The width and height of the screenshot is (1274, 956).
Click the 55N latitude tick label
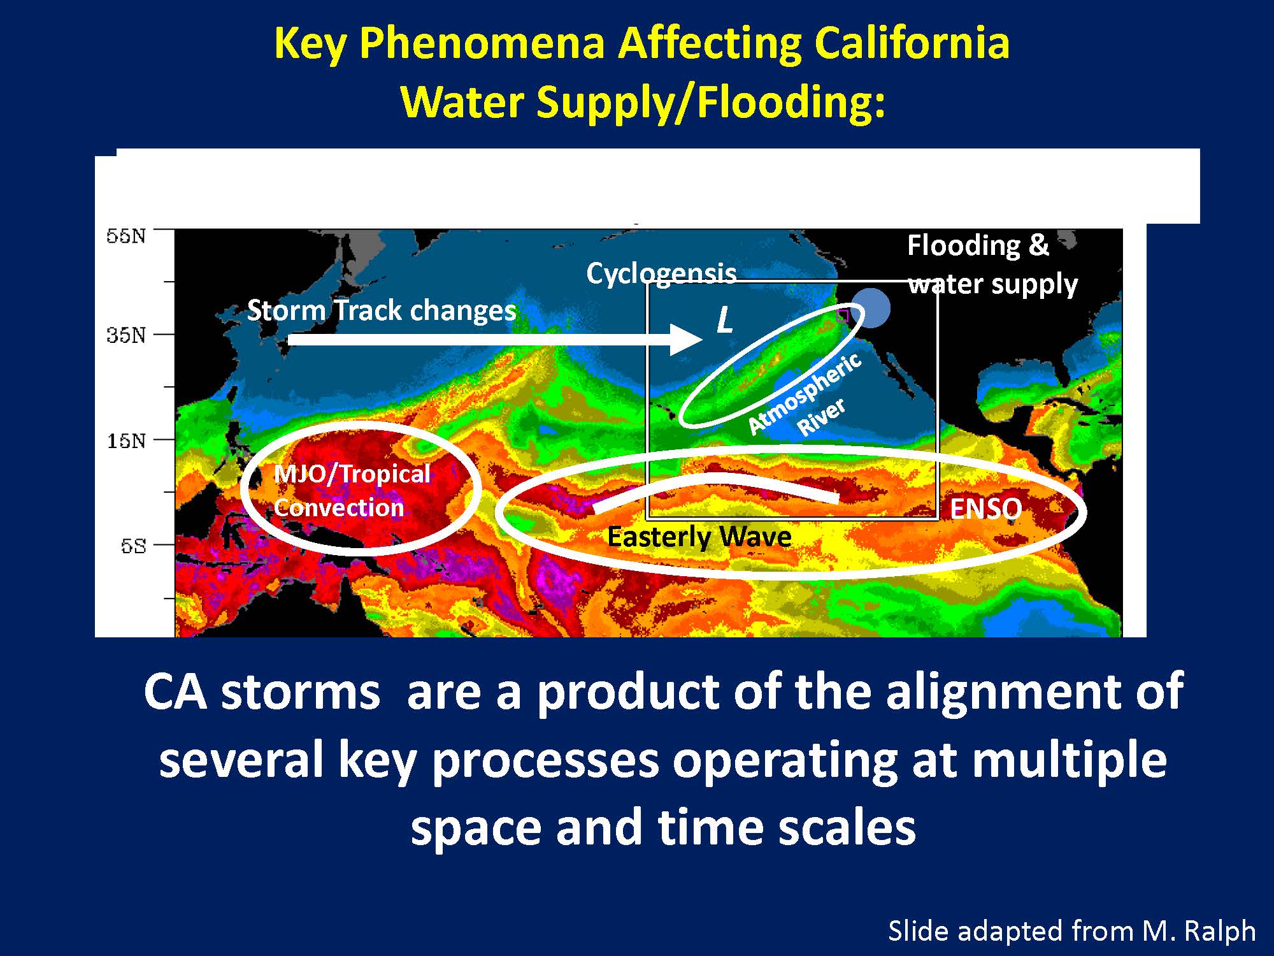tap(125, 236)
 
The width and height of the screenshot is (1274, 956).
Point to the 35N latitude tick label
tap(125, 335)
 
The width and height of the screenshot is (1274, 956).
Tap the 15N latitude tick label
tap(125, 440)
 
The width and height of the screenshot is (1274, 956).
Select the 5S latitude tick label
tap(133, 546)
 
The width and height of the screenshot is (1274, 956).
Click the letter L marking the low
tap(724, 320)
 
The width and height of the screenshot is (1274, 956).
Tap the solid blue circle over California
tap(871, 308)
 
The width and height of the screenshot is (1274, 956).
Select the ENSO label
tap(985, 509)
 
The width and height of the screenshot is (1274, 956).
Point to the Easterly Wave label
tap(699, 537)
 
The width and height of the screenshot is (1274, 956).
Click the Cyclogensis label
tap(661, 273)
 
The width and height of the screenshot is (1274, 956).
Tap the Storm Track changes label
tap(381, 310)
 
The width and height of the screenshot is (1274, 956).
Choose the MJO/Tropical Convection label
tap(352, 490)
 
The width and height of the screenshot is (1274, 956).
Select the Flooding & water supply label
tap(992, 264)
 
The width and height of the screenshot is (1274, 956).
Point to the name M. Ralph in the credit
tap(1199, 931)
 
